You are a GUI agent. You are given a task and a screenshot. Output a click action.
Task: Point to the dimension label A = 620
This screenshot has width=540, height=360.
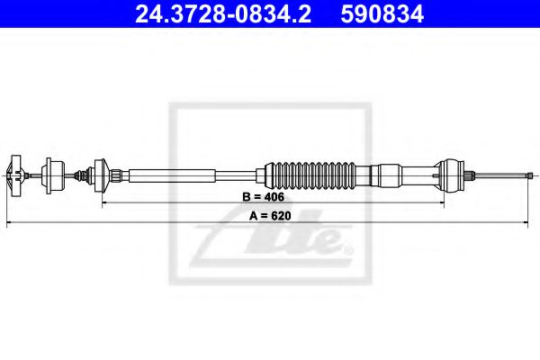coord(269,217)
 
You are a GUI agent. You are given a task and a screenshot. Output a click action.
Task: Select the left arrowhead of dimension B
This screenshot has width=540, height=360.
coord(105,202)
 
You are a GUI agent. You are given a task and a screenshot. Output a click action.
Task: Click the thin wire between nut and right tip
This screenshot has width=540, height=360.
coord(499,173)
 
